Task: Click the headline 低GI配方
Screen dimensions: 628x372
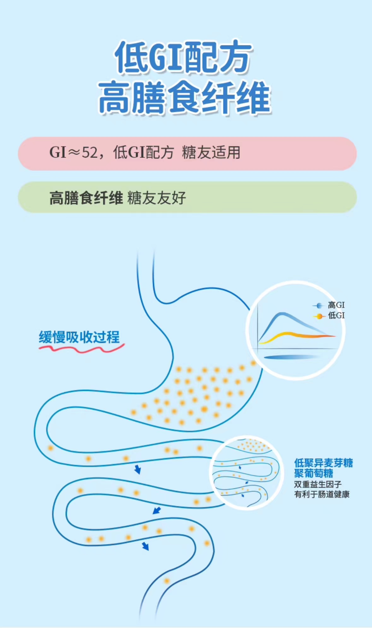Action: [183, 57]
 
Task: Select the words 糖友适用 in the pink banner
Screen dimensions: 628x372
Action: [211, 153]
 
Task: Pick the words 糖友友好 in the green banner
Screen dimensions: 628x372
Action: [156, 198]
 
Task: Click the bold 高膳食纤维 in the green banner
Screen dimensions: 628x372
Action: [86, 198]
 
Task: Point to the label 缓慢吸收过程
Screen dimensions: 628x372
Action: [79, 337]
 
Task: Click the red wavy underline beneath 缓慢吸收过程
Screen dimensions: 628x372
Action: [81, 349]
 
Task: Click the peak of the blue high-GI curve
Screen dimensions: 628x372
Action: [282, 314]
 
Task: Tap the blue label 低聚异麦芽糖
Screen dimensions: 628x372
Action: [323, 463]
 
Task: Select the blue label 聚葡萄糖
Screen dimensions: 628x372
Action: [314, 473]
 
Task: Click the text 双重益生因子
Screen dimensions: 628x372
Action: [318, 484]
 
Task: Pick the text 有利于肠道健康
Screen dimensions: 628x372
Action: [322, 494]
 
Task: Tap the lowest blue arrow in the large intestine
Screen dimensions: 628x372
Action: [145, 546]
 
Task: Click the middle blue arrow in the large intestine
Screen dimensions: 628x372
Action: [157, 510]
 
